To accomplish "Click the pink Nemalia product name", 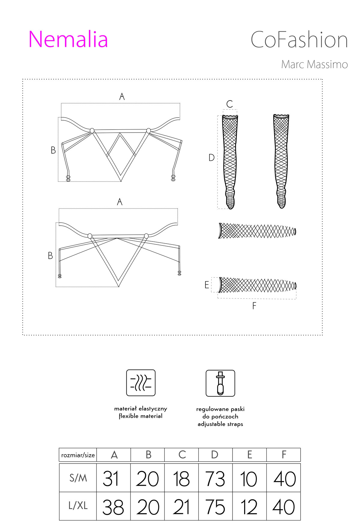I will point(68,39).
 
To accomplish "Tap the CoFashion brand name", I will point(299,40).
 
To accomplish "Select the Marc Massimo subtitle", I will point(314,64).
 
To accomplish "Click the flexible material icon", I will point(141,383).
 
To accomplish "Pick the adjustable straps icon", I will point(220,383).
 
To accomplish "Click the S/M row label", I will point(78,478).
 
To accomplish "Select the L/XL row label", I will point(78,506).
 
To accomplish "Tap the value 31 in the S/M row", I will point(111,478).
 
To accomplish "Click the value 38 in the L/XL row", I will point(113,507).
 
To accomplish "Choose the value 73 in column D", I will point(215,479).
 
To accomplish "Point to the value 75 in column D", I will point(215,507).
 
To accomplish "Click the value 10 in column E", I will point(249,479).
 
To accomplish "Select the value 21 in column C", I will point(181,507).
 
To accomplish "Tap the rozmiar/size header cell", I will point(78,455).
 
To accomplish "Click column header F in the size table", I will point(284,455).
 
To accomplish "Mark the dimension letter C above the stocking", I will point(229,104).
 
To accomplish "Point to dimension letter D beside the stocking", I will point(211,157).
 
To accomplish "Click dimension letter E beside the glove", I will point(207,285).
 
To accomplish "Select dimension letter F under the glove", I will point(254,306).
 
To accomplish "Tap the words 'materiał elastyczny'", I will point(140,409).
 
